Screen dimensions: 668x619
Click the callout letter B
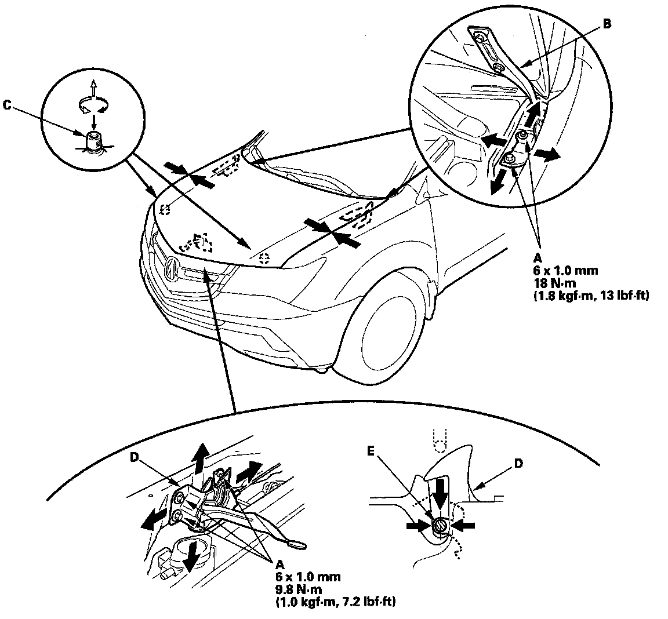coord(607,25)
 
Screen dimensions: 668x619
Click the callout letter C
coord(7,105)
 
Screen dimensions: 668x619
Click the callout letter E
coord(370,451)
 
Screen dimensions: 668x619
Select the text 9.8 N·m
coord(299,589)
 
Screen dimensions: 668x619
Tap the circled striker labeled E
coord(440,527)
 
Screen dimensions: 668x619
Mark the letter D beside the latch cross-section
coord(518,463)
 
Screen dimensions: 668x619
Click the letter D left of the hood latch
coord(134,457)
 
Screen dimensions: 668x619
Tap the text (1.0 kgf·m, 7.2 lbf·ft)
coord(335,602)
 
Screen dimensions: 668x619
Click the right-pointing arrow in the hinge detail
coord(547,154)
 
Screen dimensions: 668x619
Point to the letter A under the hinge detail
coord(538,258)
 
